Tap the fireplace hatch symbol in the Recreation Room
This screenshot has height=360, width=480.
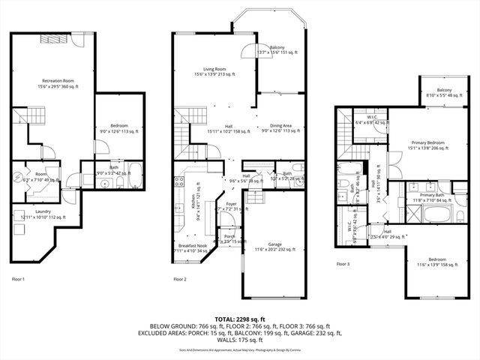pos(53,40)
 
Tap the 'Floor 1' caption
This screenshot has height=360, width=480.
pos(18,279)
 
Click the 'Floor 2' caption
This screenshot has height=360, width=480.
pos(180,279)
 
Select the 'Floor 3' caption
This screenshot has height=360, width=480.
pos(343,264)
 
